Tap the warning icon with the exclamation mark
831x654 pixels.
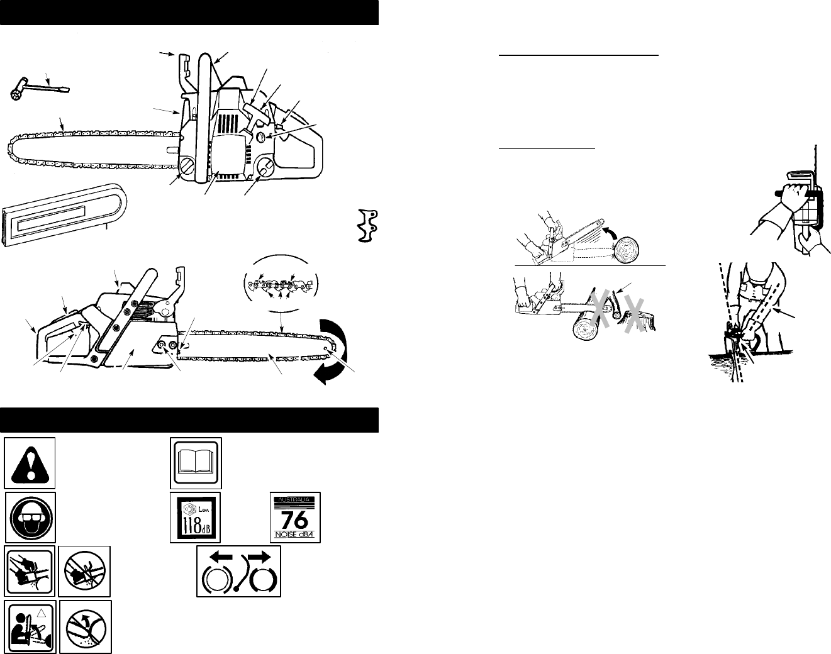click(30, 463)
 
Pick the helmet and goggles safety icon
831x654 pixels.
click(30, 518)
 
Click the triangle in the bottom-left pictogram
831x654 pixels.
click(42, 613)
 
